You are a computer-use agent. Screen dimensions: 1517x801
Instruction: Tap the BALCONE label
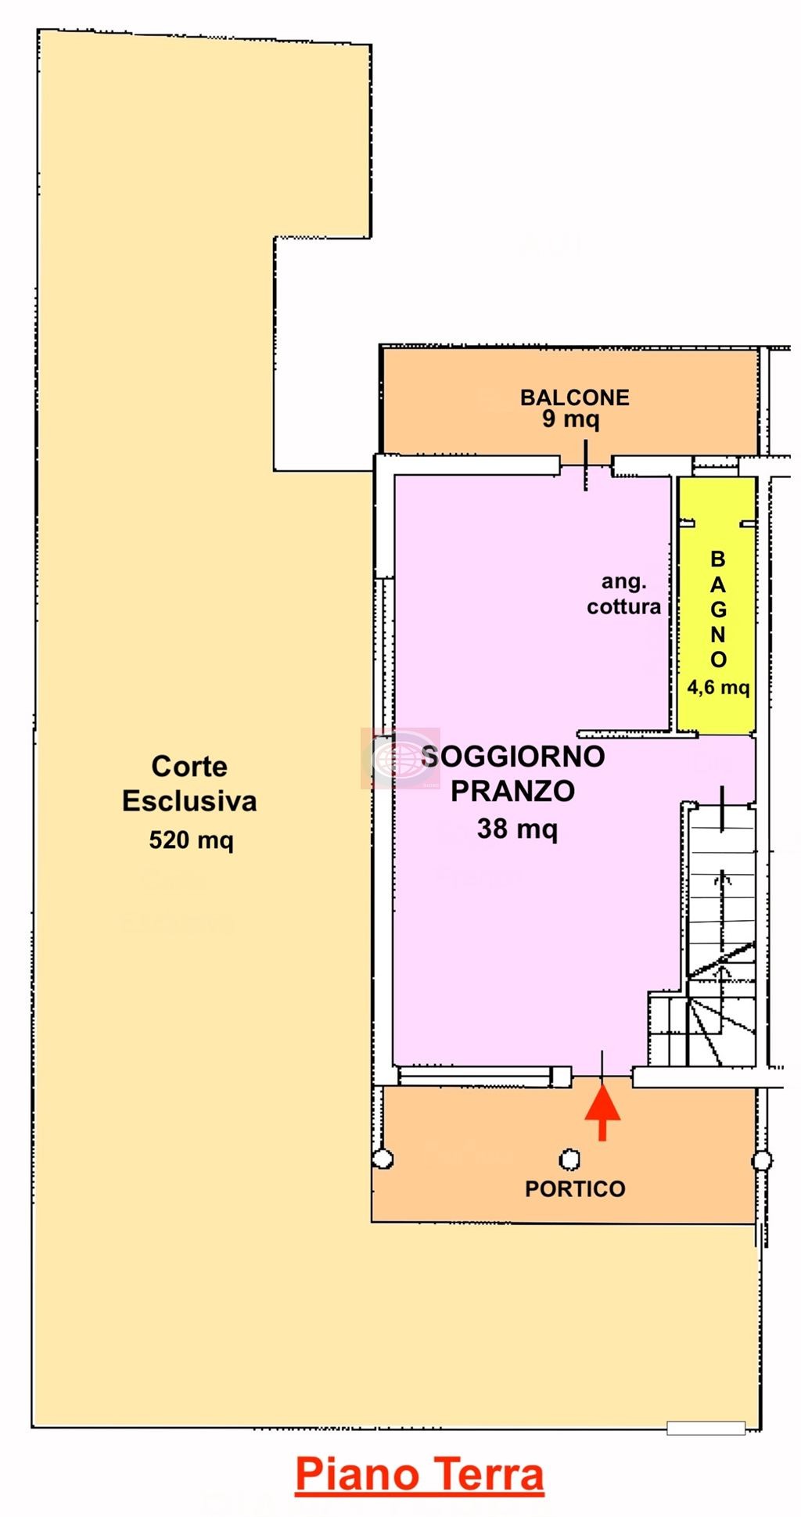[x=575, y=397]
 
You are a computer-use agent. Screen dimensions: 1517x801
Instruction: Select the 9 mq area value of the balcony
[x=571, y=419]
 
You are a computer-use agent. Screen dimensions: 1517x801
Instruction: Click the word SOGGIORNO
[x=513, y=757]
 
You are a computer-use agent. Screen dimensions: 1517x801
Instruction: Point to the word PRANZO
[x=513, y=791]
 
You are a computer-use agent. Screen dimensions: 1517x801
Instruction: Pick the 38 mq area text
[x=517, y=829]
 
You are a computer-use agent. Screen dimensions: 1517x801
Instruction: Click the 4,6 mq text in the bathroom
[x=718, y=688]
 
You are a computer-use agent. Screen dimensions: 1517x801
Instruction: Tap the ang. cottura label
[x=623, y=595]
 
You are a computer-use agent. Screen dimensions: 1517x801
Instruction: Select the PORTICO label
[x=575, y=1189]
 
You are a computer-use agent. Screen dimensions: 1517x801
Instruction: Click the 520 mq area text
[x=191, y=840]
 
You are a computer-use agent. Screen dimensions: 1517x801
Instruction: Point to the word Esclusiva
[x=189, y=801]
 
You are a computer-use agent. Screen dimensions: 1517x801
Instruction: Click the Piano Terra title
[x=419, y=1476]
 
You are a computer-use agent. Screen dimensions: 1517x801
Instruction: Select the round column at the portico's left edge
[x=383, y=1159]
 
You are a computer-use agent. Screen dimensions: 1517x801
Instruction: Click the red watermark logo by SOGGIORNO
[x=400, y=757]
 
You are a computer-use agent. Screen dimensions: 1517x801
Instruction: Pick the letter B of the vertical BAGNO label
[x=717, y=560]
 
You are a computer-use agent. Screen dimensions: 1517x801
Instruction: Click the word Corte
[x=189, y=767]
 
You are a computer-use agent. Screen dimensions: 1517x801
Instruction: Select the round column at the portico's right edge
[x=763, y=1160]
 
